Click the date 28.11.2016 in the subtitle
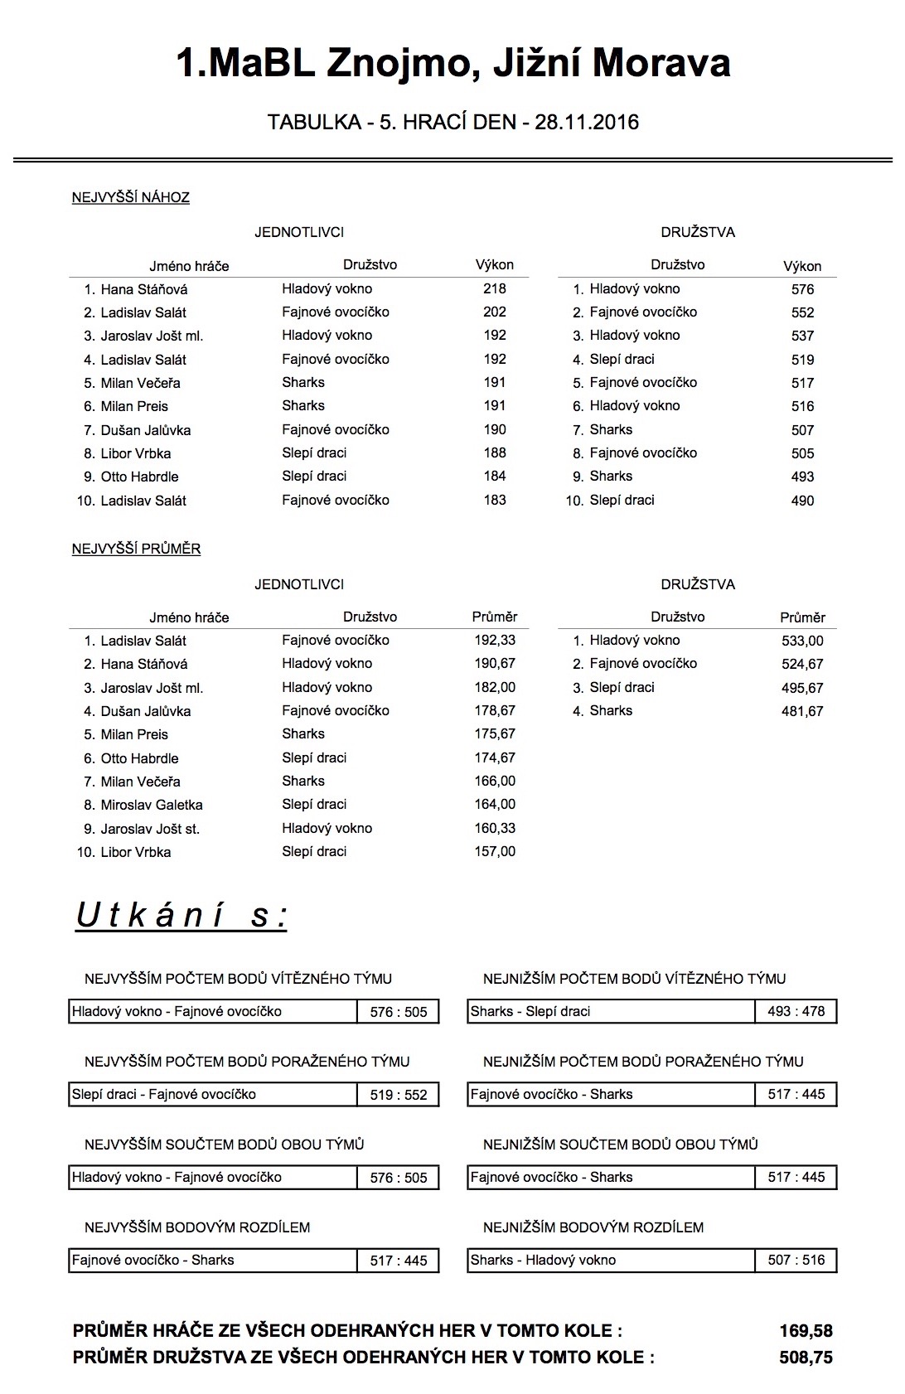pos(587,123)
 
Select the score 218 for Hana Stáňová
pos(494,289)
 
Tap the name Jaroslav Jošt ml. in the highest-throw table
pos(152,336)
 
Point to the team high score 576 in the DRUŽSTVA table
pos(802,290)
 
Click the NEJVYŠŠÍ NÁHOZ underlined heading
pos(131,198)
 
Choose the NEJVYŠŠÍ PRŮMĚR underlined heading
pos(137,549)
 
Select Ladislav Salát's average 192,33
pos(494,641)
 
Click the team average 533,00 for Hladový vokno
pos(802,641)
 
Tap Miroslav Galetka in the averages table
pos(152,805)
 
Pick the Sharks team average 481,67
pos(802,711)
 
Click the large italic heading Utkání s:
pos(181,916)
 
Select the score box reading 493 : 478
pos(796,1012)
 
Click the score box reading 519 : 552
pos(399,1095)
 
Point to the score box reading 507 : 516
pos(796,1261)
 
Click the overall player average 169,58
pos(806,1331)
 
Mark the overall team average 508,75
pos(806,1358)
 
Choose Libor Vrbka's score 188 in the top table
pos(494,453)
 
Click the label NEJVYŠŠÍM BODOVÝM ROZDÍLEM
pos(197,1227)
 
